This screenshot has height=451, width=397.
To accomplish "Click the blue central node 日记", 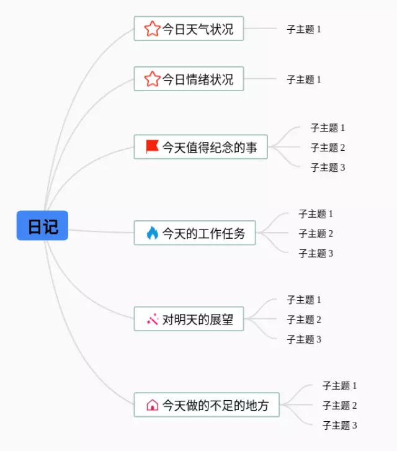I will pos(42,226).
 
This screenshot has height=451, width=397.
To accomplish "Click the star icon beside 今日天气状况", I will pos(152,29).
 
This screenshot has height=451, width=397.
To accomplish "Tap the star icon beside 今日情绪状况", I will pos(152,79).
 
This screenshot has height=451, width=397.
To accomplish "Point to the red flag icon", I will pos(152,146).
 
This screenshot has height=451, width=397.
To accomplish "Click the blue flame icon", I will pos(152,233).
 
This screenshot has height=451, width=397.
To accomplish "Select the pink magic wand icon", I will pos(152,319).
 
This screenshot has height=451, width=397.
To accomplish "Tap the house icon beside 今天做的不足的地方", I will pos(152,405).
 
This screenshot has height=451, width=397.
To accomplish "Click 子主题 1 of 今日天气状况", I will pos(304,29).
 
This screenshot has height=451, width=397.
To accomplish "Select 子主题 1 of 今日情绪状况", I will pos(304,79).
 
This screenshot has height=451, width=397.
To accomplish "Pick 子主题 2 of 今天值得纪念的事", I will pos(328,148).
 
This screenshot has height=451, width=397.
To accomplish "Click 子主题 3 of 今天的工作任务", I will pos(316,253).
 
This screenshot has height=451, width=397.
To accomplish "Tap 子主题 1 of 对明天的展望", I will pos(304,300).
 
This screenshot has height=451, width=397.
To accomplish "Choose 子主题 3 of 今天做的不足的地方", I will pos(339,425).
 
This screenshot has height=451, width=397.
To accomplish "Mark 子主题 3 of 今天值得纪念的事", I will pos(328,167).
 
